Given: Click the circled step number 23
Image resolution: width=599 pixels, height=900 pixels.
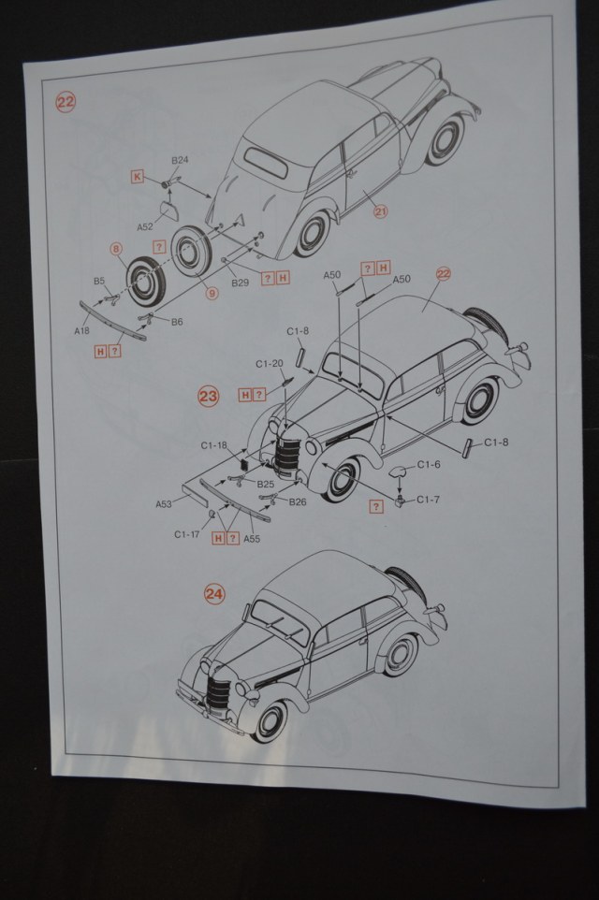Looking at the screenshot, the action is (x=209, y=396).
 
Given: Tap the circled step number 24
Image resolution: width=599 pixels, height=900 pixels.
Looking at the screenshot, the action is (x=214, y=593).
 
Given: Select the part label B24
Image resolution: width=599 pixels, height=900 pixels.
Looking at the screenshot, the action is (x=180, y=160).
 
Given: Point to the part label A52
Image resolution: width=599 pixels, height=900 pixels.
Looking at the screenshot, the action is (x=145, y=226).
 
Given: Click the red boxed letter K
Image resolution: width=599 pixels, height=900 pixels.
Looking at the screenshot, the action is (x=138, y=176).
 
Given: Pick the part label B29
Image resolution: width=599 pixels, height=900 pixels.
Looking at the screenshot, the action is (x=240, y=282).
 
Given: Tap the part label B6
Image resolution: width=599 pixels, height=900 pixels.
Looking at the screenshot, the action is (x=175, y=321).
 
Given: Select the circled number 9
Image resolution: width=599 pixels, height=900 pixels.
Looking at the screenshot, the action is (x=212, y=293).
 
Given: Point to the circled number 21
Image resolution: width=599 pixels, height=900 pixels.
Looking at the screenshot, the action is (x=380, y=211).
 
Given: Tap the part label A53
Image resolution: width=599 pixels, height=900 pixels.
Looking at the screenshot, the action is (x=164, y=503).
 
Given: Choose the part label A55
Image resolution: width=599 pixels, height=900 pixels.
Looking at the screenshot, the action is (x=251, y=539).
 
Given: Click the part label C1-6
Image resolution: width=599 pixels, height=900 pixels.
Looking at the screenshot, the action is (x=429, y=464).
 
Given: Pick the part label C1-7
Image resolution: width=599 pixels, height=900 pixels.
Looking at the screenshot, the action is (x=428, y=500).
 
